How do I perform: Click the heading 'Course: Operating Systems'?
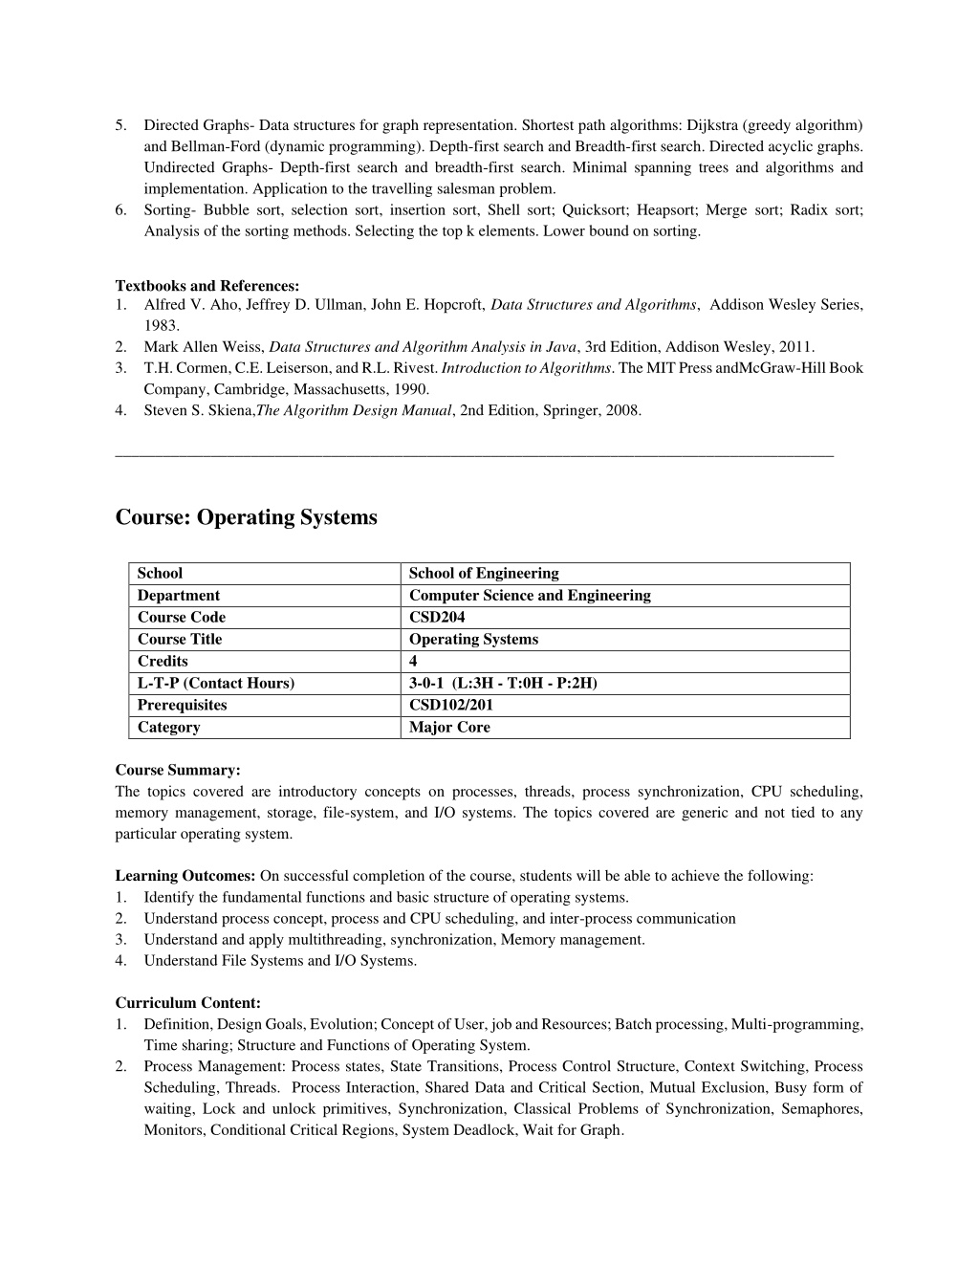pos(246,517)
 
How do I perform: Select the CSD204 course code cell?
pos(437,617)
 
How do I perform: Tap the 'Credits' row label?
pos(163,661)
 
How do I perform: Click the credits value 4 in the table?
pos(413,661)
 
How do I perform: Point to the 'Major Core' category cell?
pos(449,727)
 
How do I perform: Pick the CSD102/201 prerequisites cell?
pos(451,705)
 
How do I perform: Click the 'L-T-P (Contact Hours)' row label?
pos(216,683)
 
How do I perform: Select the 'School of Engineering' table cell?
pos(484,573)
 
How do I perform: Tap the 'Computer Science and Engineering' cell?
pos(530,595)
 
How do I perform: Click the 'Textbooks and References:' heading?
pos(207,285)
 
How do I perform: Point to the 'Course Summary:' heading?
pos(178,770)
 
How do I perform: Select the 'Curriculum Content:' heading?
pos(187,1003)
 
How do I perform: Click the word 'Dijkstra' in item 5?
pos(713,125)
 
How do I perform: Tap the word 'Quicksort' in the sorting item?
pos(595,210)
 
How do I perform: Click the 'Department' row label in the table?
pos(179,595)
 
